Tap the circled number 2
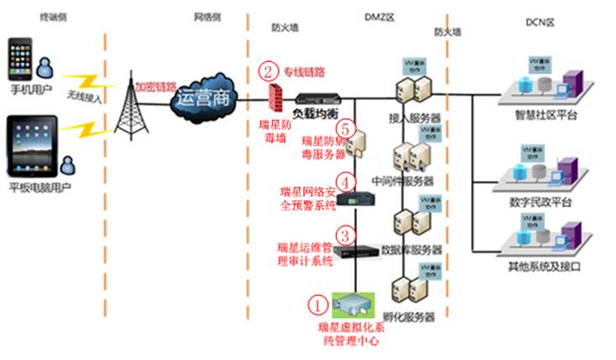coord(268,70)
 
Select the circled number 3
coord(343,234)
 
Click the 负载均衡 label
coord(315,112)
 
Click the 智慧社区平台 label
coord(550,115)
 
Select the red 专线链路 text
coord(304,71)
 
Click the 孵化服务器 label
coord(409,317)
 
